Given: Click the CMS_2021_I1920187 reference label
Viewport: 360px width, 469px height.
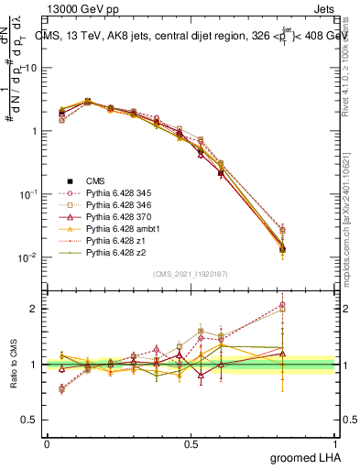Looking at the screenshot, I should pos(190,274).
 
